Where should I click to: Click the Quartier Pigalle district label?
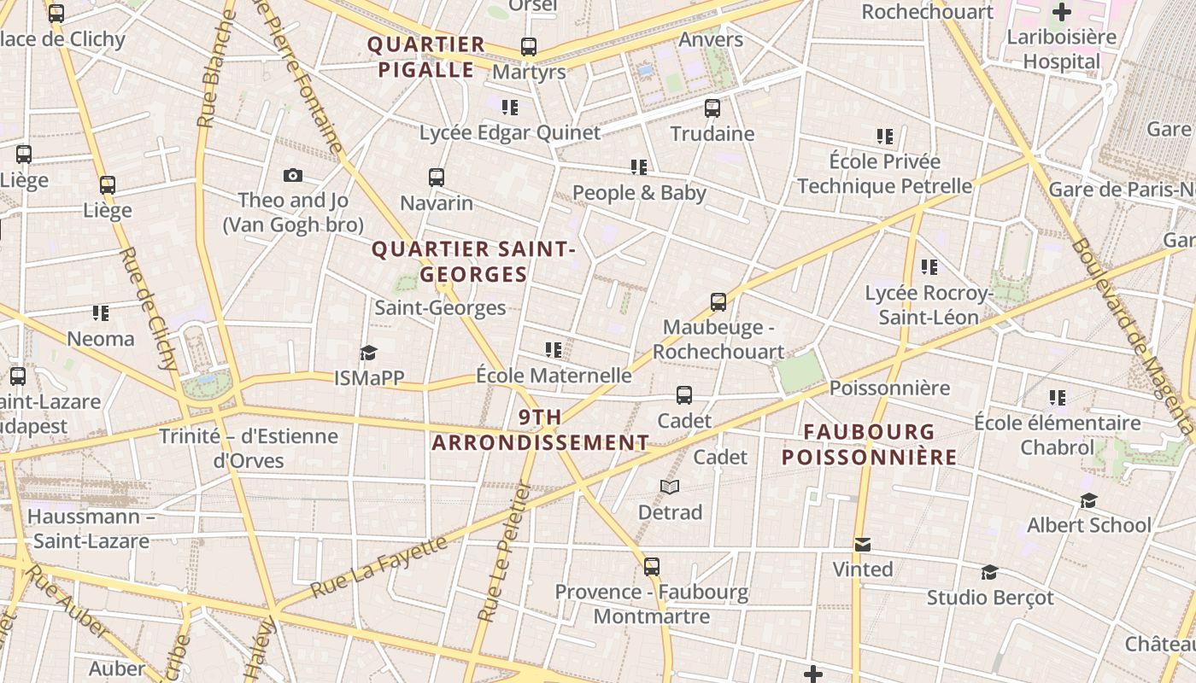pyautogui.click(x=425, y=57)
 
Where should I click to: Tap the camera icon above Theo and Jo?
pyautogui.click(x=293, y=175)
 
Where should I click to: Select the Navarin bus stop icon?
pyautogui.click(x=437, y=178)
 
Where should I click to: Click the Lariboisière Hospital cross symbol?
pyautogui.click(x=1062, y=12)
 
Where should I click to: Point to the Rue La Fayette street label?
pyautogui.click(x=378, y=567)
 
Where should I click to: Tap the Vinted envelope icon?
pyautogui.click(x=863, y=545)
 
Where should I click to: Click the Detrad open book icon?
pyautogui.click(x=670, y=487)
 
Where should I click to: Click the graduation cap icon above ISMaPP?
pyautogui.click(x=368, y=353)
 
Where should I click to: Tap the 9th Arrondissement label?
pyautogui.click(x=541, y=430)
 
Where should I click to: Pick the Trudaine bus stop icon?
pyautogui.click(x=712, y=108)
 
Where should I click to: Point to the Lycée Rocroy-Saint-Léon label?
pyautogui.click(x=929, y=306)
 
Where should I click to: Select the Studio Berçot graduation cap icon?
pyautogui.click(x=989, y=572)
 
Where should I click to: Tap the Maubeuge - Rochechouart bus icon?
pyautogui.click(x=718, y=302)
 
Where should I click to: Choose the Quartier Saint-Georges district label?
pyautogui.click(x=473, y=261)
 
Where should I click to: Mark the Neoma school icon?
pyautogui.click(x=101, y=313)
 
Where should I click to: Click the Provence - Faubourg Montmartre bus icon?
pyautogui.click(x=652, y=567)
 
